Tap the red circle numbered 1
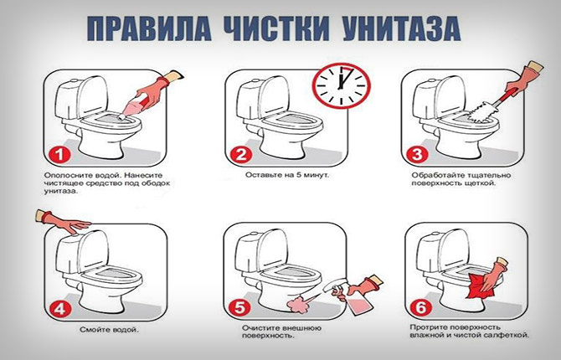[55, 156]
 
